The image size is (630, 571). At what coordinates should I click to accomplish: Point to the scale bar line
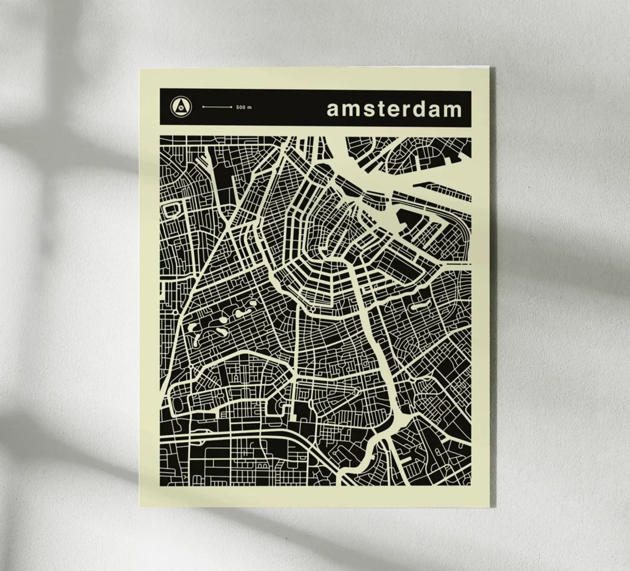pyautogui.click(x=217, y=106)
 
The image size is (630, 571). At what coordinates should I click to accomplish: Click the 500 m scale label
pyautogui.click(x=244, y=107)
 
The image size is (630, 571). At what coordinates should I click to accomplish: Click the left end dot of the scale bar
pyautogui.click(x=204, y=106)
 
